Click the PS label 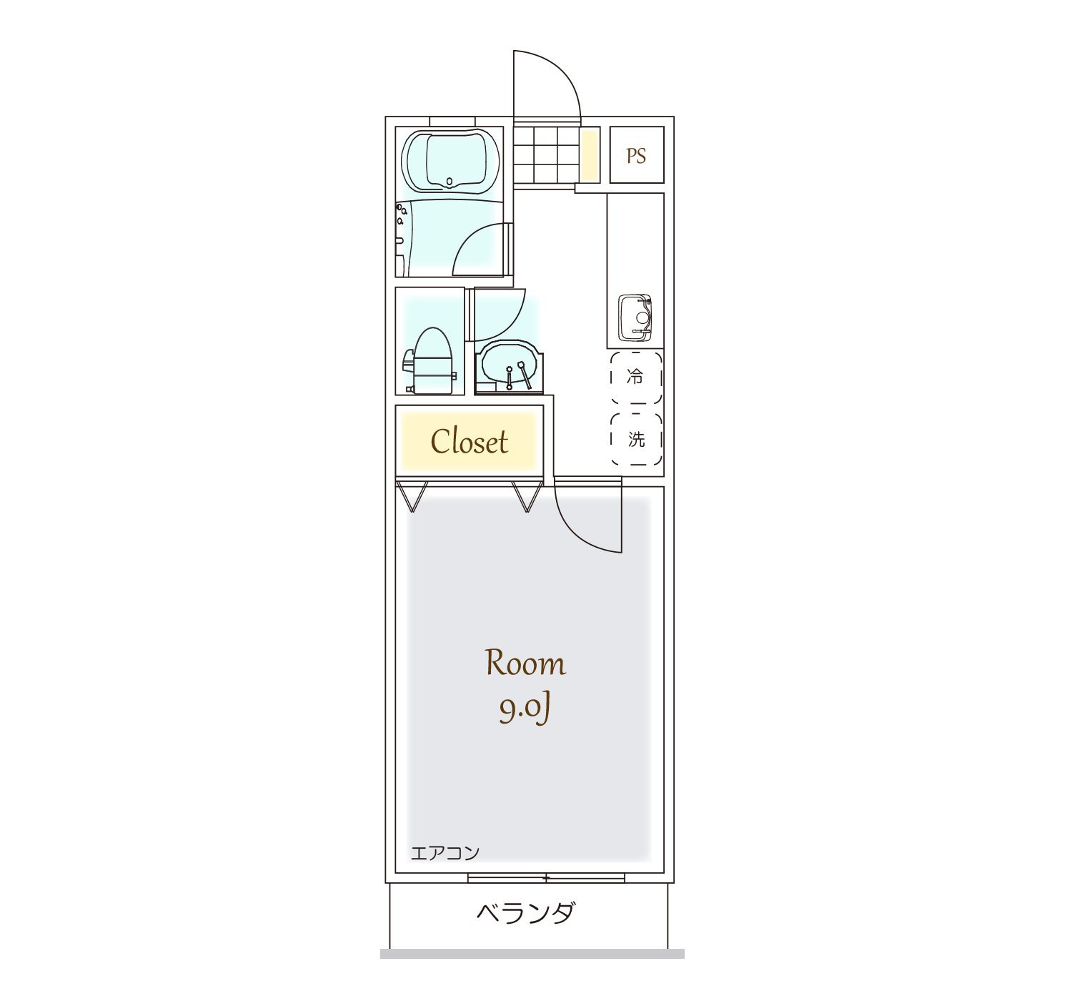click(636, 156)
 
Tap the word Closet click(469, 441)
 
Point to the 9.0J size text click(525, 709)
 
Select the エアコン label click(445, 853)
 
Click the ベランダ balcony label click(526, 914)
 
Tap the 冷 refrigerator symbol click(636, 378)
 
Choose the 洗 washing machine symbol click(636, 439)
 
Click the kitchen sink click(635, 317)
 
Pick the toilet click(430, 361)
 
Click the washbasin click(509, 365)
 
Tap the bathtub click(450, 161)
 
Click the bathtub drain click(449, 182)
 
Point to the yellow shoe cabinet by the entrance click(590, 156)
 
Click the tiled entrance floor click(546, 155)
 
